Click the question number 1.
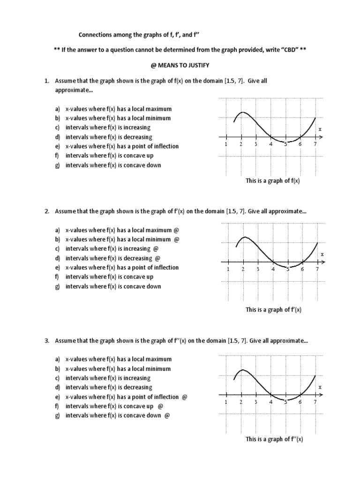click(47, 81)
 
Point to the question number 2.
click(47, 211)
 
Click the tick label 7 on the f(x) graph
click(315, 144)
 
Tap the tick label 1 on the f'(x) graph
click(228, 270)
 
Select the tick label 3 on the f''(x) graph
click(255, 402)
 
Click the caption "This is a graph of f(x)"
click(272, 181)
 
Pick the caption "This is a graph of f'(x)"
click(274, 310)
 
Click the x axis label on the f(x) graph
click(320, 129)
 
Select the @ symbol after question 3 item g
click(167, 416)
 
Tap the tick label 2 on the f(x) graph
click(240, 144)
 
